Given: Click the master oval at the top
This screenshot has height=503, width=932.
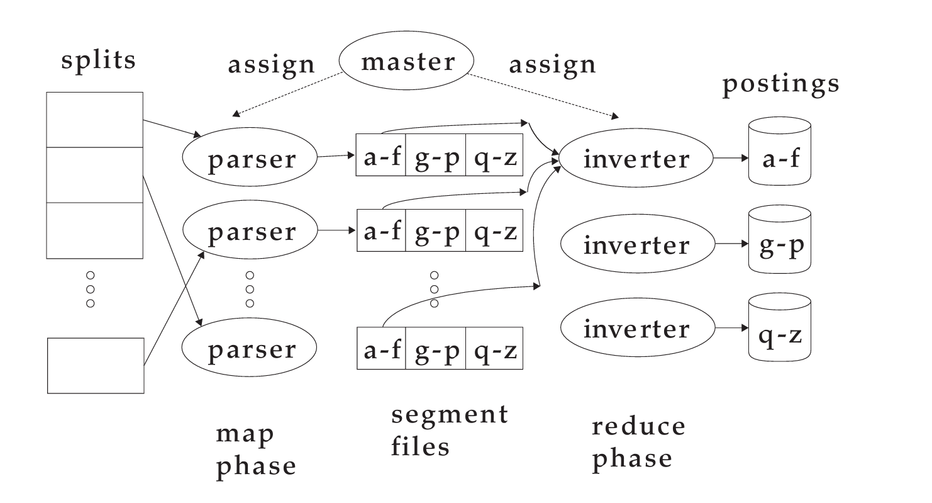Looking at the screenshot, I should [407, 62].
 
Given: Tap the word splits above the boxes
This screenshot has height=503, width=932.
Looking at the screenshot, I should [99, 60].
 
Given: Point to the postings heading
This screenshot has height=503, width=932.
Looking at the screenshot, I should [780, 84].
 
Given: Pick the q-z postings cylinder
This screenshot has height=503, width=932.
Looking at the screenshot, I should [780, 330].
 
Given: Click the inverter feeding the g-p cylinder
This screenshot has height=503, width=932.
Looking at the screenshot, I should [636, 245].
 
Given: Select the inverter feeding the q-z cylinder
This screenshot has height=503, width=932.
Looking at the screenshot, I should [636, 329].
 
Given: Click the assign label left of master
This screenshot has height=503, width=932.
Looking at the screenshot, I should [271, 64].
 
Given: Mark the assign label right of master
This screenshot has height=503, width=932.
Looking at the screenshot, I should [552, 64].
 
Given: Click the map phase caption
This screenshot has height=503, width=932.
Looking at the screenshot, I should [255, 449].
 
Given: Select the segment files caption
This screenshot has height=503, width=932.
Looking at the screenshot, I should [449, 431].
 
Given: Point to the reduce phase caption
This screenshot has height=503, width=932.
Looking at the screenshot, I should [638, 443].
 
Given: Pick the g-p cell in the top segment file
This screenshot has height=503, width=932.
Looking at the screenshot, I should [435, 155].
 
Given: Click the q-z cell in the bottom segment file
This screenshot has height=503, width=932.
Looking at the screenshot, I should [495, 349].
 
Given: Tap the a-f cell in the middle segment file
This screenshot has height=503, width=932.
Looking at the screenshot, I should [382, 231].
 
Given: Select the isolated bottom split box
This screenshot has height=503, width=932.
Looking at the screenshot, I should [96, 366].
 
